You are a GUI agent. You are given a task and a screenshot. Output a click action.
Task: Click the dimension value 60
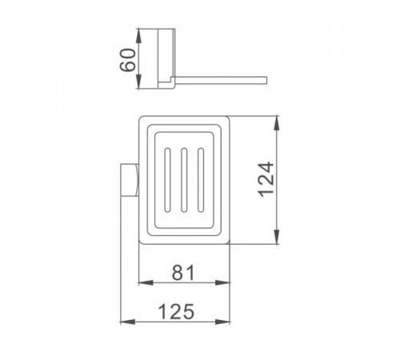[x=127, y=60]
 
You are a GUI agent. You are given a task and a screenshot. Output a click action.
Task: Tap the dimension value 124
[x=266, y=179]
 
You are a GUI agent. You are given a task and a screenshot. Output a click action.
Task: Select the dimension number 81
[x=183, y=273]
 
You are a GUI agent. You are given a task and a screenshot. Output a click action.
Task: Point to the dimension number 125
[x=176, y=311]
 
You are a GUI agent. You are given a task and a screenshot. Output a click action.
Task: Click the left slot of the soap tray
[x=167, y=180]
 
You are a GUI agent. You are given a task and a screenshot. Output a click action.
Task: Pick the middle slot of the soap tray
[x=184, y=180]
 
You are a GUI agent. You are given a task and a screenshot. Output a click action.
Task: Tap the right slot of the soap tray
[x=201, y=180]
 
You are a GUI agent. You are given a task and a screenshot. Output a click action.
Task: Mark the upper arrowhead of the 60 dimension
[x=139, y=36]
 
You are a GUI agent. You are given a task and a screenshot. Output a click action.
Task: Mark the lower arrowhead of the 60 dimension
[x=139, y=82]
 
